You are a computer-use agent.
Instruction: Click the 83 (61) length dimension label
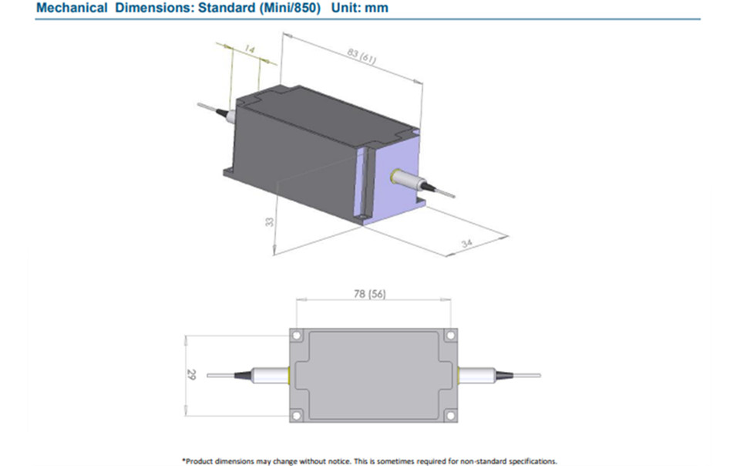point(362,56)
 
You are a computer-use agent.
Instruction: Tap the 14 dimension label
point(250,49)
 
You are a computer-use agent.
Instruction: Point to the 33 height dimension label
point(269,221)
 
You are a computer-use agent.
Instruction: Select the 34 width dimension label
point(467,243)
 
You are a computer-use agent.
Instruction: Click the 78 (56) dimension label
point(369,294)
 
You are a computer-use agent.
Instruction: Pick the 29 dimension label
point(191,375)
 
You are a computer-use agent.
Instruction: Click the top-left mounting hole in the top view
point(297,336)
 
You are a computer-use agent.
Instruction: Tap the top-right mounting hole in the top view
point(450,335)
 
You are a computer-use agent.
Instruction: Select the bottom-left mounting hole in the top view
point(297,416)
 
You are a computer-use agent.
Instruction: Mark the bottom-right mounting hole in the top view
point(450,416)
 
